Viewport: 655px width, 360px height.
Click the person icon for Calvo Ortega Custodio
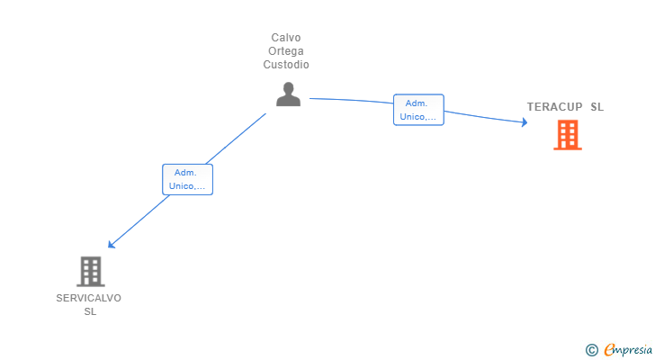point(288,94)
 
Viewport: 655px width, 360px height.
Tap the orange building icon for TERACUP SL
point(567,135)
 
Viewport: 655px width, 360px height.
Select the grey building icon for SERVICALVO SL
point(90,271)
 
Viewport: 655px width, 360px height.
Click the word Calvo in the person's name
point(286,38)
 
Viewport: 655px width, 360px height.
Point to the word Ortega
point(286,51)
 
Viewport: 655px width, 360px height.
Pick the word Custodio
point(286,65)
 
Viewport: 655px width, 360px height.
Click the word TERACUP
point(554,107)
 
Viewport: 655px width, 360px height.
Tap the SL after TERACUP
point(597,107)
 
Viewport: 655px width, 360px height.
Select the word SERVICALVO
point(88,298)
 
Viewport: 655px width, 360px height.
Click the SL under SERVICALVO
point(90,311)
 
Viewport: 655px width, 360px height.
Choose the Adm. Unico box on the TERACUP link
point(418,110)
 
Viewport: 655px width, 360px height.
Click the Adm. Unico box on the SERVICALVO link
point(187,179)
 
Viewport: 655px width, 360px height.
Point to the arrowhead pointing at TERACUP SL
point(524,122)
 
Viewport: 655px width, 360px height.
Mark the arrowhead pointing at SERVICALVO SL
point(111,244)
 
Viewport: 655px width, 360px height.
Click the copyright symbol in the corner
point(591,349)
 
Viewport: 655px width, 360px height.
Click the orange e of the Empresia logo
point(609,349)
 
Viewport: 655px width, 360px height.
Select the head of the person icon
point(288,88)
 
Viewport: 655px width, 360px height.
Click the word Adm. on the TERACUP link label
point(416,103)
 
